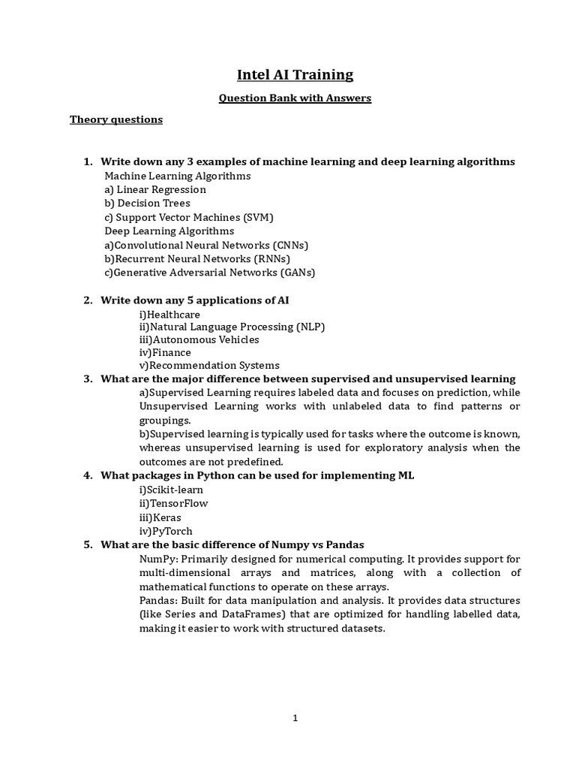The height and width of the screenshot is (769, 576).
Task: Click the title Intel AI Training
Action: (x=295, y=74)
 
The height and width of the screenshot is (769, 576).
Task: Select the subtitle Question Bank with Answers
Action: (x=295, y=98)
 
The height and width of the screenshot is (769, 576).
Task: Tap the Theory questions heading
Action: (x=116, y=119)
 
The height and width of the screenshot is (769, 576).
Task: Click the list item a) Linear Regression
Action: (x=155, y=189)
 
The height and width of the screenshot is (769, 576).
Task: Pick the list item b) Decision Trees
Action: (x=147, y=203)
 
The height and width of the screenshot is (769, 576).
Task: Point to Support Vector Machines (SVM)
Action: (x=189, y=217)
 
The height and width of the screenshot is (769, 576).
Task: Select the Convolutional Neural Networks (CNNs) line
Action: (x=207, y=245)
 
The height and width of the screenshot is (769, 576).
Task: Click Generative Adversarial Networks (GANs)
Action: (x=210, y=272)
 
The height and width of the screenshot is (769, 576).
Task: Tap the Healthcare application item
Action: (x=169, y=314)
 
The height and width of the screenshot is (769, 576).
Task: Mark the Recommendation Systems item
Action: (x=209, y=366)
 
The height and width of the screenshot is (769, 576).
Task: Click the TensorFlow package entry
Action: (x=173, y=503)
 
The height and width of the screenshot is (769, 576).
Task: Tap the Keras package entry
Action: (x=160, y=517)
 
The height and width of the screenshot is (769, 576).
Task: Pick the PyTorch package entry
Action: (x=166, y=531)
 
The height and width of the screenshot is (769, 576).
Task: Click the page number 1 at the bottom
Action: (x=295, y=718)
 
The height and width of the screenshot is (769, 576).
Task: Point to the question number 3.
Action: (x=87, y=378)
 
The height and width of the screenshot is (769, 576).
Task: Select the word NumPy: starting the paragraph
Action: (x=158, y=559)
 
